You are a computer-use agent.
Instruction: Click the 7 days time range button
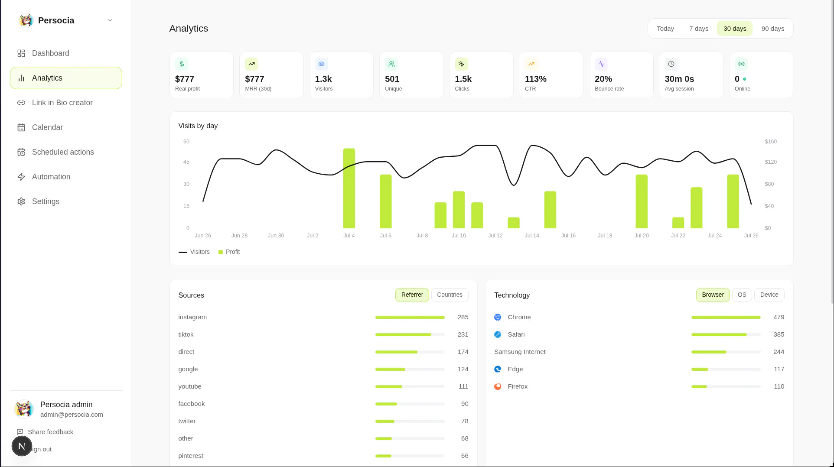pos(698,29)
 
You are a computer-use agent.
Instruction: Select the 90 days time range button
pos(772,29)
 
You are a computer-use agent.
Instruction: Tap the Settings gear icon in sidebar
pos(21,201)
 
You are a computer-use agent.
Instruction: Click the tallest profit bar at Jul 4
pos(349,188)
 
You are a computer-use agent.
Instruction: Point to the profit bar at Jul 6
pos(385,201)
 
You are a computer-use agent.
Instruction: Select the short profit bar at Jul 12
pos(514,223)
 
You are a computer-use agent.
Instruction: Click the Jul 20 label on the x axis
pos(642,236)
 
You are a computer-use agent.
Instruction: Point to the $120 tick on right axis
pos(770,162)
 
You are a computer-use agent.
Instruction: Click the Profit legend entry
pos(229,252)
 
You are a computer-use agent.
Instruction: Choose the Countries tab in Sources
pos(450,295)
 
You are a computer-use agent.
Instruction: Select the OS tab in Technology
pos(742,295)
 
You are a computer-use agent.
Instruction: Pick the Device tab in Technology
pos(769,295)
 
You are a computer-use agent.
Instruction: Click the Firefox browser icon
pos(498,386)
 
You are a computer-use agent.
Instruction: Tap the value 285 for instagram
pos(463,317)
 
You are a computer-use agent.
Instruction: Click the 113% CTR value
pos(535,79)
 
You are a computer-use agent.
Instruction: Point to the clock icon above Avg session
pos(671,64)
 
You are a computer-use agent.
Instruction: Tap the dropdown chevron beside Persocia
pos(110,20)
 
